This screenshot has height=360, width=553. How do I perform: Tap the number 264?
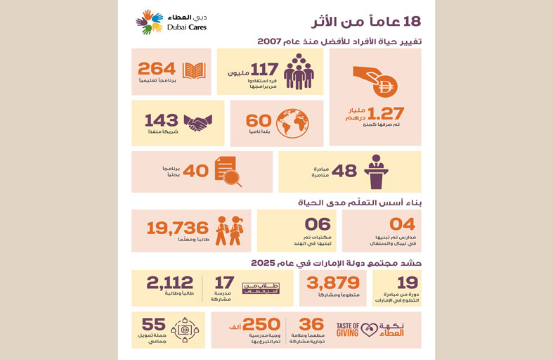click(156, 69)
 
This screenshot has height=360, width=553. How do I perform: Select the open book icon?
click(193, 70)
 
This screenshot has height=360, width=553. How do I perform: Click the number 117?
click(264, 70)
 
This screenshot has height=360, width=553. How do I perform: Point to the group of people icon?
click(299, 71)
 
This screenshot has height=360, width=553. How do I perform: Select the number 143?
click(162, 120)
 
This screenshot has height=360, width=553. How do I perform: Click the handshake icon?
click(198, 122)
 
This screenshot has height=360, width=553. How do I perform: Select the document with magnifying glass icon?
click(228, 171)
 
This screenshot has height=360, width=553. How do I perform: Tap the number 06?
click(318, 224)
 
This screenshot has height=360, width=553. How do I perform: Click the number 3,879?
click(323, 282)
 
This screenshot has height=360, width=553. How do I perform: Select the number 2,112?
click(169, 283)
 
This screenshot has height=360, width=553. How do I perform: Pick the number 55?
click(154, 324)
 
